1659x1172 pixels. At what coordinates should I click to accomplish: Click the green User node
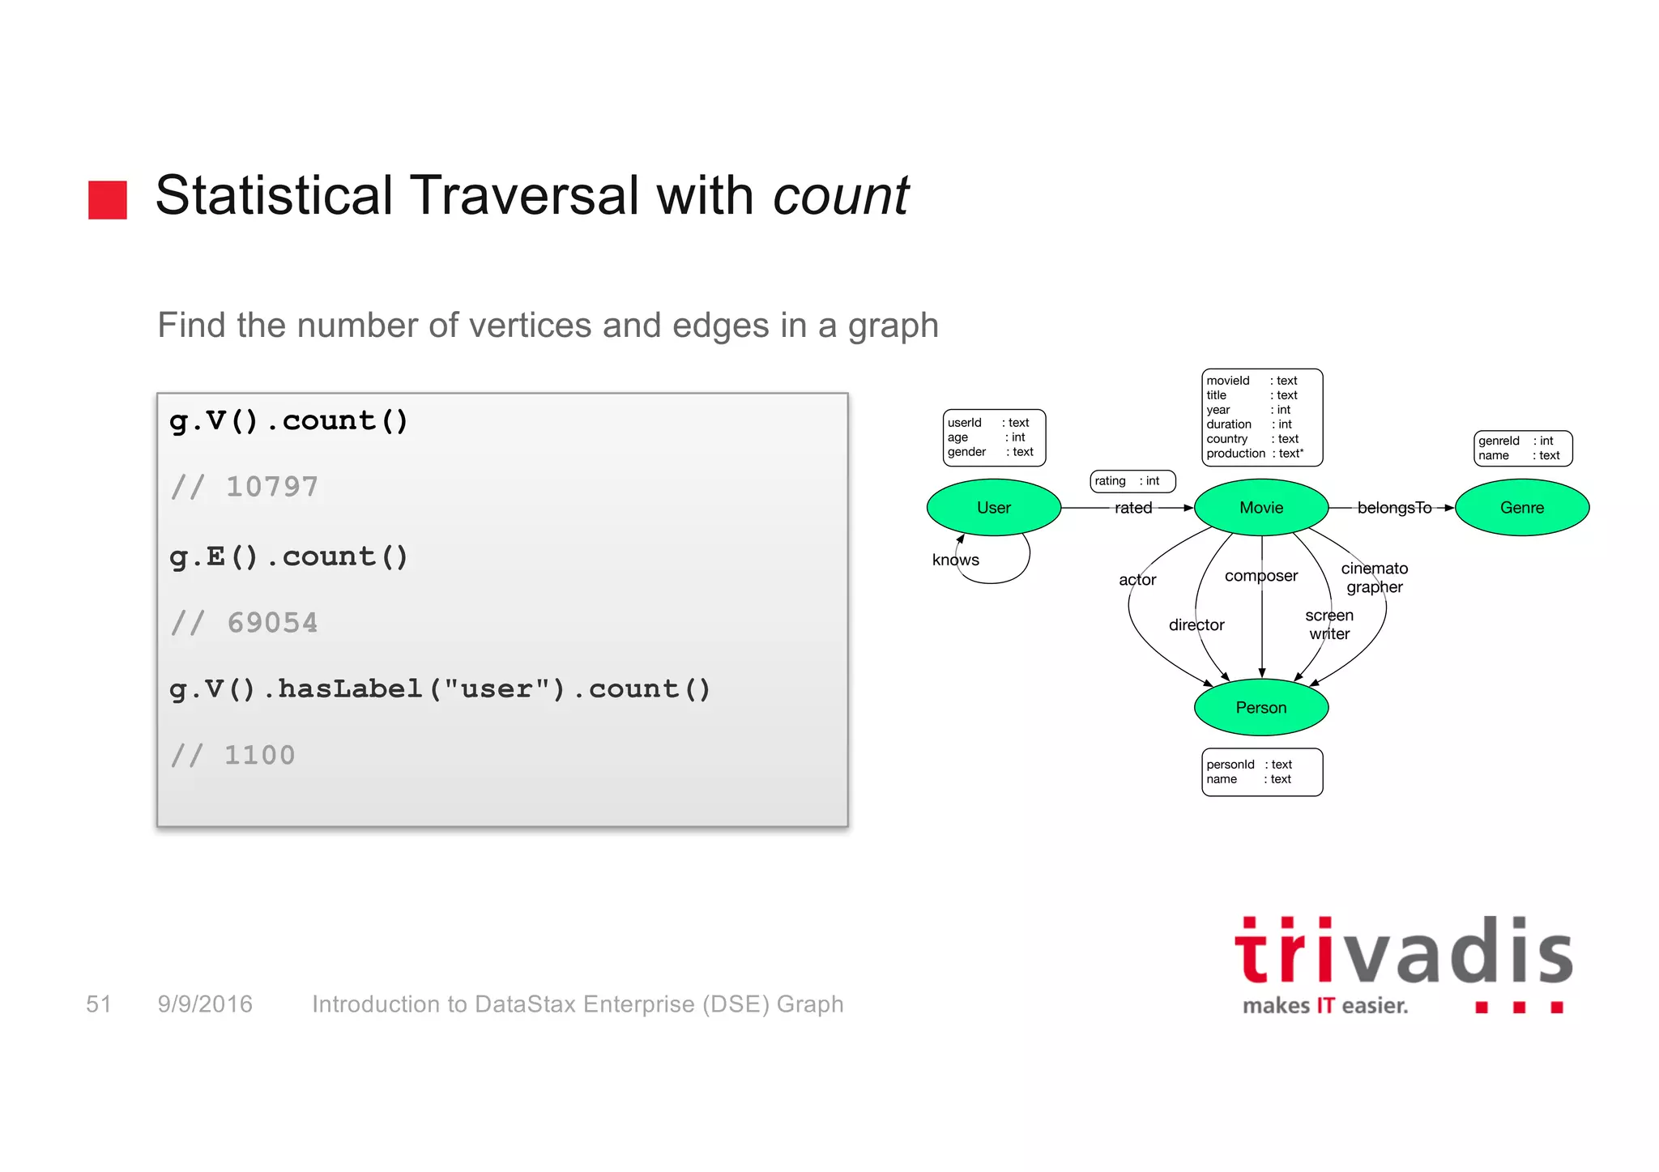993,508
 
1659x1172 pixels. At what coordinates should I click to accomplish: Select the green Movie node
1260,508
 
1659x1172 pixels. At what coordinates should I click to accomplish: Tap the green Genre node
1521,508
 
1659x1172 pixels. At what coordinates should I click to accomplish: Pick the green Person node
1260,707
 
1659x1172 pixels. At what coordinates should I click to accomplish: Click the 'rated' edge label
1132,508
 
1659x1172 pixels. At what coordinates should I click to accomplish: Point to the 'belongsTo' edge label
1393,508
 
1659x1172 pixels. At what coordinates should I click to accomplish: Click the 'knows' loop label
955,560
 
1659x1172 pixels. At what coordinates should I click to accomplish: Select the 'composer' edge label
1260,576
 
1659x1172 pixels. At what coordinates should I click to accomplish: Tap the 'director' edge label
1196,624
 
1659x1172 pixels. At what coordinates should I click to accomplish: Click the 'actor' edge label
1137,580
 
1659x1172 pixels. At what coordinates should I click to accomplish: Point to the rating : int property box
1132,481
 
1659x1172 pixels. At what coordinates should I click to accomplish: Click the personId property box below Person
1261,772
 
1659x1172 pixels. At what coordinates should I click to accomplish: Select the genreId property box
1522,448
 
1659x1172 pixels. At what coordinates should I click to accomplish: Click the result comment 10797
245,487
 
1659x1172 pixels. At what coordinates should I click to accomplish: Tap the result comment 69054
245,623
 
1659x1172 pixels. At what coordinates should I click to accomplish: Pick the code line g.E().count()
288,556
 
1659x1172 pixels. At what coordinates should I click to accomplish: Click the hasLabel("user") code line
440,689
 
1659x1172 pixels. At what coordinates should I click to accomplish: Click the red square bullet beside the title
108,199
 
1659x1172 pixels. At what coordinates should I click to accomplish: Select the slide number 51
98,1004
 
